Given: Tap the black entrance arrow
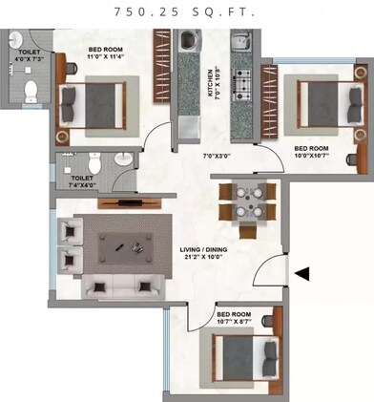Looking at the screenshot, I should click(301, 275).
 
